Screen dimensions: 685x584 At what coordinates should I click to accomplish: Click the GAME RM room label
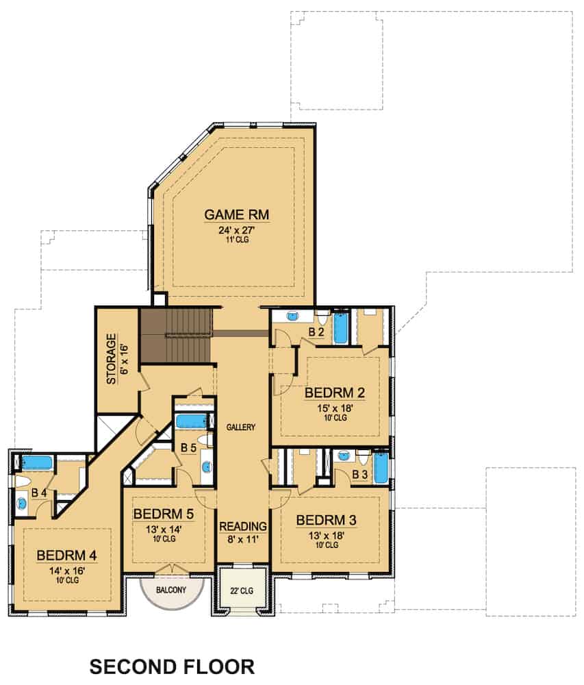click(237, 215)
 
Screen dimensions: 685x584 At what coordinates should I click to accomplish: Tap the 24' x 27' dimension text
click(237, 229)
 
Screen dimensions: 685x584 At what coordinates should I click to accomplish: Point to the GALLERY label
click(241, 427)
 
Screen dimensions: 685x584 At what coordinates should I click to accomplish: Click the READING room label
click(242, 526)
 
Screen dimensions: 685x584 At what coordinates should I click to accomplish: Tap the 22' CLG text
click(242, 589)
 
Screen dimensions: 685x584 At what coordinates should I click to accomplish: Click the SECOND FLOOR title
click(172, 666)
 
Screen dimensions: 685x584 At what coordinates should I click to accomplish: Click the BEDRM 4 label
click(66, 554)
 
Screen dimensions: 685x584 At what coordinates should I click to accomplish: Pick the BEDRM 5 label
click(164, 514)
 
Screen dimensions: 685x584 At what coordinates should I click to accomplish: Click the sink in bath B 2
click(293, 317)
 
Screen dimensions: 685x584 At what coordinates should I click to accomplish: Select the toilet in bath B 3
click(362, 457)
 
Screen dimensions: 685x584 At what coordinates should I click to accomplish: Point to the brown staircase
click(175, 335)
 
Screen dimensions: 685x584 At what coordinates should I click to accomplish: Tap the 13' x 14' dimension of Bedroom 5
click(164, 528)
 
